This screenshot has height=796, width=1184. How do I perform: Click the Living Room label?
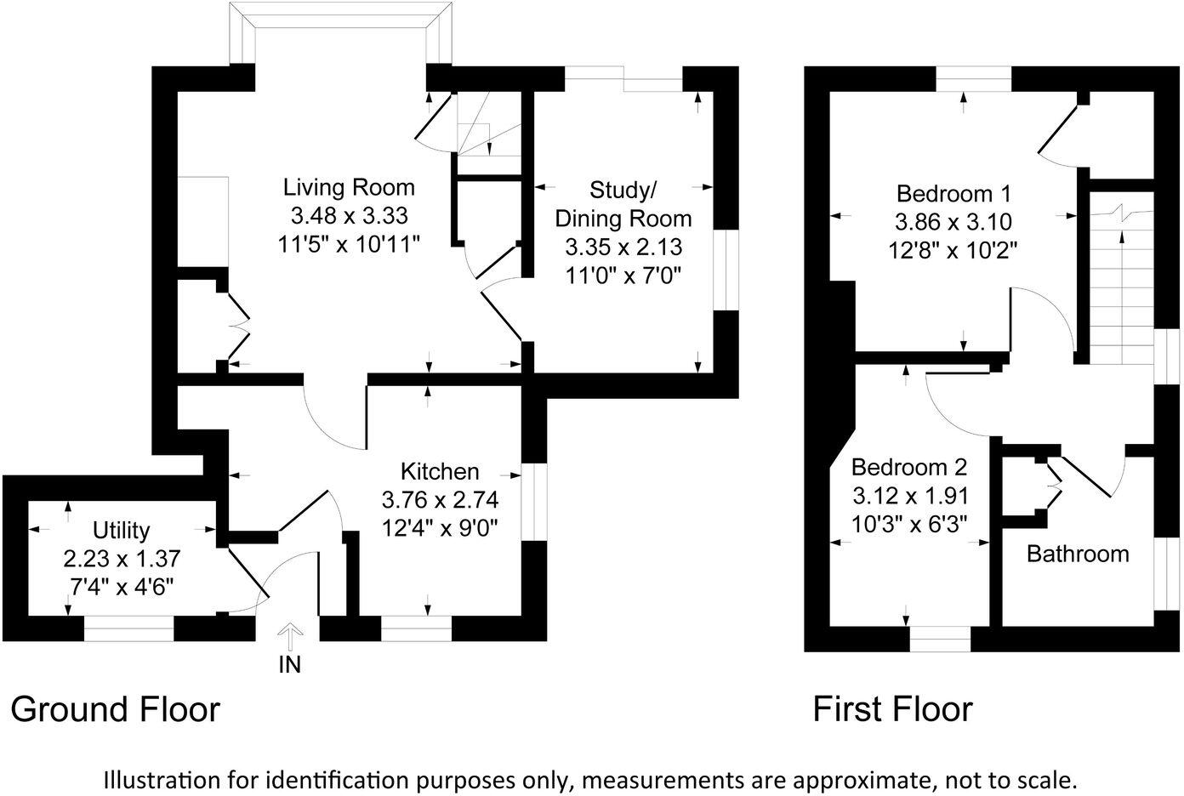click(x=349, y=187)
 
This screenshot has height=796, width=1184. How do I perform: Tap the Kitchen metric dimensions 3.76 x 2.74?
click(x=440, y=499)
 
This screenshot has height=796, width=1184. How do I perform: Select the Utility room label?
click(x=122, y=531)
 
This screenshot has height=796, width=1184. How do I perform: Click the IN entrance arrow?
click(x=290, y=638)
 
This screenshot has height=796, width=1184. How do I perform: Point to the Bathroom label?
click(x=1078, y=554)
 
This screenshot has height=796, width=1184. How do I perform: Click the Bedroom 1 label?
click(x=952, y=193)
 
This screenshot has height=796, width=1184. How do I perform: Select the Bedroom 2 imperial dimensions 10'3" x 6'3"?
click(x=909, y=524)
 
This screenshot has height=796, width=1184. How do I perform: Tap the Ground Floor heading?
click(x=115, y=708)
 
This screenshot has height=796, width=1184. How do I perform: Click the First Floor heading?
click(x=892, y=708)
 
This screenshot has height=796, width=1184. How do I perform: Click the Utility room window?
click(x=128, y=628)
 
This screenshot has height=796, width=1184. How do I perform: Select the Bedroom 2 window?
click(x=940, y=638)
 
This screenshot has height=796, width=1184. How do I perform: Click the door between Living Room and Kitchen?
click(x=336, y=417)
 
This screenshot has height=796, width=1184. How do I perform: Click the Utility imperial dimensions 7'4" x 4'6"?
click(x=122, y=588)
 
